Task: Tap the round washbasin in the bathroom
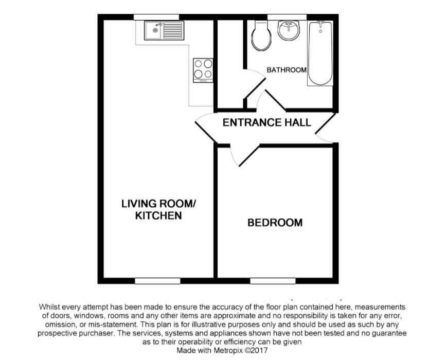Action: click(x=289, y=30)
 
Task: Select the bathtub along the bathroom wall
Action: click(x=320, y=53)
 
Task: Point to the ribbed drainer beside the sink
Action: click(x=173, y=30)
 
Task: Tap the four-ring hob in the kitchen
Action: click(x=203, y=70)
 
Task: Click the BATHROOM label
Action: click(x=287, y=69)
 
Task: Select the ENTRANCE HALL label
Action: click(x=267, y=122)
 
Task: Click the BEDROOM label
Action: click(x=275, y=222)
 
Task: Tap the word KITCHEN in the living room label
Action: click(x=158, y=215)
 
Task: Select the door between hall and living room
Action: click(x=205, y=128)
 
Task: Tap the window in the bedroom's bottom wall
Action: click(x=273, y=281)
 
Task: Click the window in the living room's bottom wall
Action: click(x=157, y=281)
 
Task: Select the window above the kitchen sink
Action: click(x=156, y=17)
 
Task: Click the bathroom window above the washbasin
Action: click(x=287, y=17)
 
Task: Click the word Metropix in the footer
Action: click(x=228, y=350)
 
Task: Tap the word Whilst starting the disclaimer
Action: click(x=49, y=307)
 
